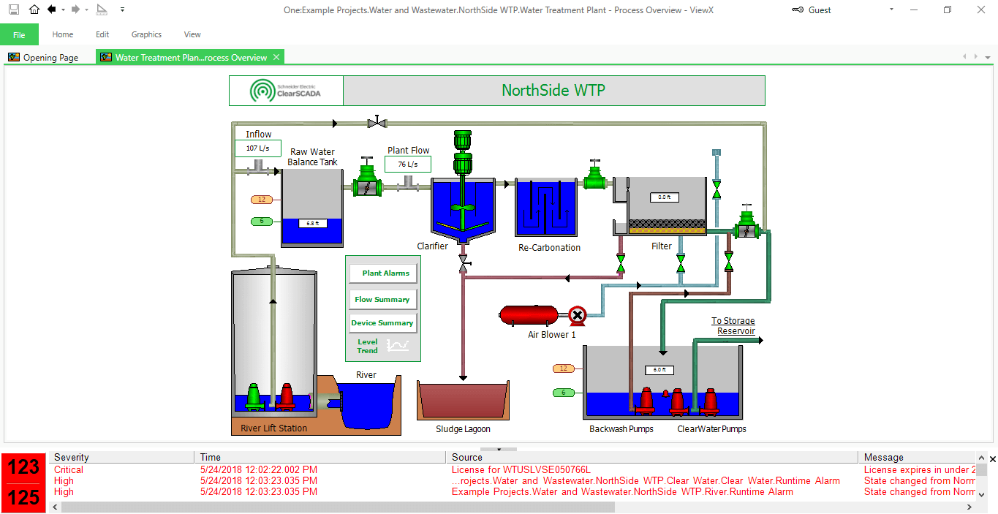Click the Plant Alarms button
tap(383, 273)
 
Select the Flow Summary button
tap(383, 300)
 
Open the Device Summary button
tap(383, 323)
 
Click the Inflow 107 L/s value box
tap(257, 148)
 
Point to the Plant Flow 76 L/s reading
tap(407, 165)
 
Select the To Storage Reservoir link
tap(733, 326)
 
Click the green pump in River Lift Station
tap(254, 396)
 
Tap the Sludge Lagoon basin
tap(462, 401)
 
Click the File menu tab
tap(19, 34)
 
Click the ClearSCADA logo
tap(286, 91)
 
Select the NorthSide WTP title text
tap(553, 91)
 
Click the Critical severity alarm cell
tap(69, 470)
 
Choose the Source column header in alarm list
tap(467, 458)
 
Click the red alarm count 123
tap(23, 468)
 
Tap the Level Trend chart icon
tap(398, 345)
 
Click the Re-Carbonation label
tap(549, 248)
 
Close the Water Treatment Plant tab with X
tap(276, 57)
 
